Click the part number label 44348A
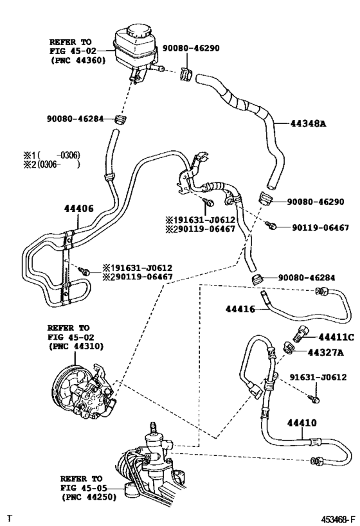click(x=308, y=124)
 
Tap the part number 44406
click(x=79, y=209)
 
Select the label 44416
click(x=240, y=309)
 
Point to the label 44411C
click(x=336, y=337)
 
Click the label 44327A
click(x=326, y=353)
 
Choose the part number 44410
click(x=301, y=423)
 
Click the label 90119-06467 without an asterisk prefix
click(x=320, y=228)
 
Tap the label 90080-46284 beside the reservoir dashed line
click(x=75, y=118)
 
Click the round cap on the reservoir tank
click(x=138, y=31)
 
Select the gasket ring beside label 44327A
click(x=289, y=347)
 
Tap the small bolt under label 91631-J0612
click(x=314, y=399)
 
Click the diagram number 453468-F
click(x=338, y=520)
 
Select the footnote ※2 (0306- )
click(x=51, y=164)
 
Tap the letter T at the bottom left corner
click(x=10, y=519)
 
